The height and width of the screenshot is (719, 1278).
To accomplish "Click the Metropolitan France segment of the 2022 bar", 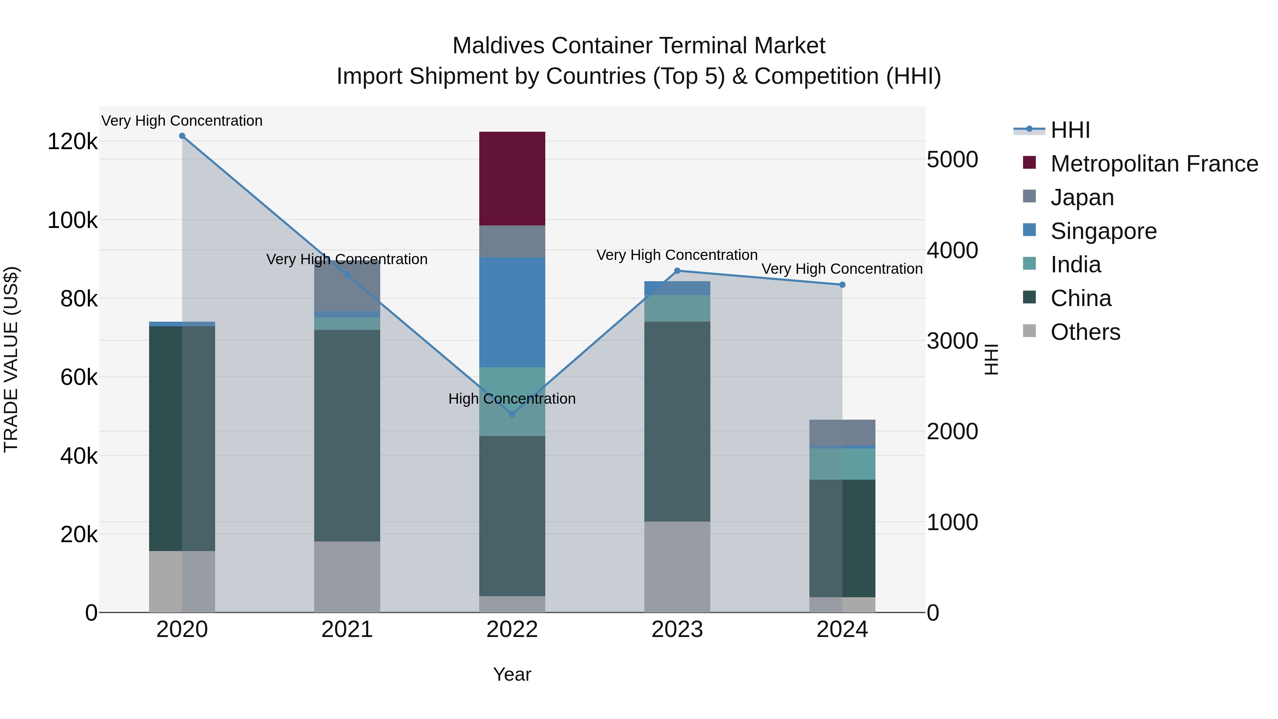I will pos(512,179).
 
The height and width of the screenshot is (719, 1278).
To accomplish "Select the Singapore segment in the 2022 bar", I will pos(512,312).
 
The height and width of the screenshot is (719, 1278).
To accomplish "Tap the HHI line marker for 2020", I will pos(182,136).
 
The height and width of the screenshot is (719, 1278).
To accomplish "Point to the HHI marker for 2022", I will pos(513,414).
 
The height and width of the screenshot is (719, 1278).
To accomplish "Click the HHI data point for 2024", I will pos(842,285).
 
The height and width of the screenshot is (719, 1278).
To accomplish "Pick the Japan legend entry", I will pos(1082,197).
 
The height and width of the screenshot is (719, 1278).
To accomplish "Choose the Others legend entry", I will pos(1085,332).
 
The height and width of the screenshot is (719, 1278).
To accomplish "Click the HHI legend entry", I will pos(1070,130).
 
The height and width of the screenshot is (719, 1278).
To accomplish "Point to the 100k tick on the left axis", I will pos(72,220).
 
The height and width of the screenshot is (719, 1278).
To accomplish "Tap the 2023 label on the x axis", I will pos(677,630).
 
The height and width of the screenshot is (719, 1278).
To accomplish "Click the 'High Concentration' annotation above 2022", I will pos(512,399).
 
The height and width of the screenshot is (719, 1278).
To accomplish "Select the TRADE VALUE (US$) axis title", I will pos(11,359).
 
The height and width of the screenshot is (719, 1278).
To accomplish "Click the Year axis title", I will pos(512,674).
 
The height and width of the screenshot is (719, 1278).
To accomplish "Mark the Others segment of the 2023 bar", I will pos(677,567).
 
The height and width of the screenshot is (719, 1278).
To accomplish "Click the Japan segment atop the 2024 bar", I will pos(842,433).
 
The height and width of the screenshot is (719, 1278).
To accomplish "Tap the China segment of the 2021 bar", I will pos(347,435).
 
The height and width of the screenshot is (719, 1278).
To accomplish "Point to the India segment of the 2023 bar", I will pos(677,308).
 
